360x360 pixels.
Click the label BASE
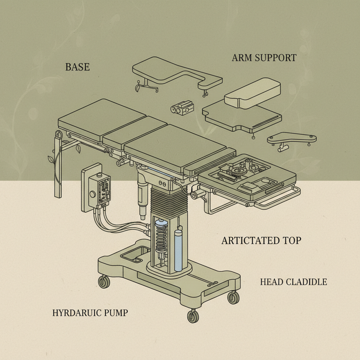77,67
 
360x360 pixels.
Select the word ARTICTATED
246,240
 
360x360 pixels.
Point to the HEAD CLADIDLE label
294,282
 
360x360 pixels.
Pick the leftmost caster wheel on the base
104,282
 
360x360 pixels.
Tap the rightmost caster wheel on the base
233,297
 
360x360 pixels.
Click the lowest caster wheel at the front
193,316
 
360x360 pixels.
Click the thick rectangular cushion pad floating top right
252,92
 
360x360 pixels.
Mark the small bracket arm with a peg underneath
291,140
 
